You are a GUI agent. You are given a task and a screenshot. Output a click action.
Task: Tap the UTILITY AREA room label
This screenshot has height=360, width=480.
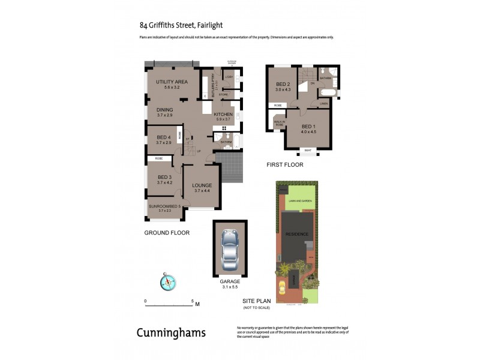172,82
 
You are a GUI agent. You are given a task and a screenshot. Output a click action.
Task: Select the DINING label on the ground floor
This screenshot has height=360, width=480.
164,110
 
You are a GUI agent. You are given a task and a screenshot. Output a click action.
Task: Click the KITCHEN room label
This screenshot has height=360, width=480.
223,114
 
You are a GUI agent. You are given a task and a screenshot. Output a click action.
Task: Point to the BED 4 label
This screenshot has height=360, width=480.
164,140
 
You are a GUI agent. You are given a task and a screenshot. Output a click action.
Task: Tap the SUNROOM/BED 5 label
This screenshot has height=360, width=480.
164,208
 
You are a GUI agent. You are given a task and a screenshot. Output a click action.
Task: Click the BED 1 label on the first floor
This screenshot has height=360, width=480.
308,127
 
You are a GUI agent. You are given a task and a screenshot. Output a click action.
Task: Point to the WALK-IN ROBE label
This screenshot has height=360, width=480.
280,122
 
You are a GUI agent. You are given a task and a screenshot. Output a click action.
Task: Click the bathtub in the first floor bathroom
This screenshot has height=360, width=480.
327,93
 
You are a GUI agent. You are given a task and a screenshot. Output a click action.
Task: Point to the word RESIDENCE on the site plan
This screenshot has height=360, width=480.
297,234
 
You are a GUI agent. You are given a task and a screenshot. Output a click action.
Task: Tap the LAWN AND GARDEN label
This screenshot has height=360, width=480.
300,200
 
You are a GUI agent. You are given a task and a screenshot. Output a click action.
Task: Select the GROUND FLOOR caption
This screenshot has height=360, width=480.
166,232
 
